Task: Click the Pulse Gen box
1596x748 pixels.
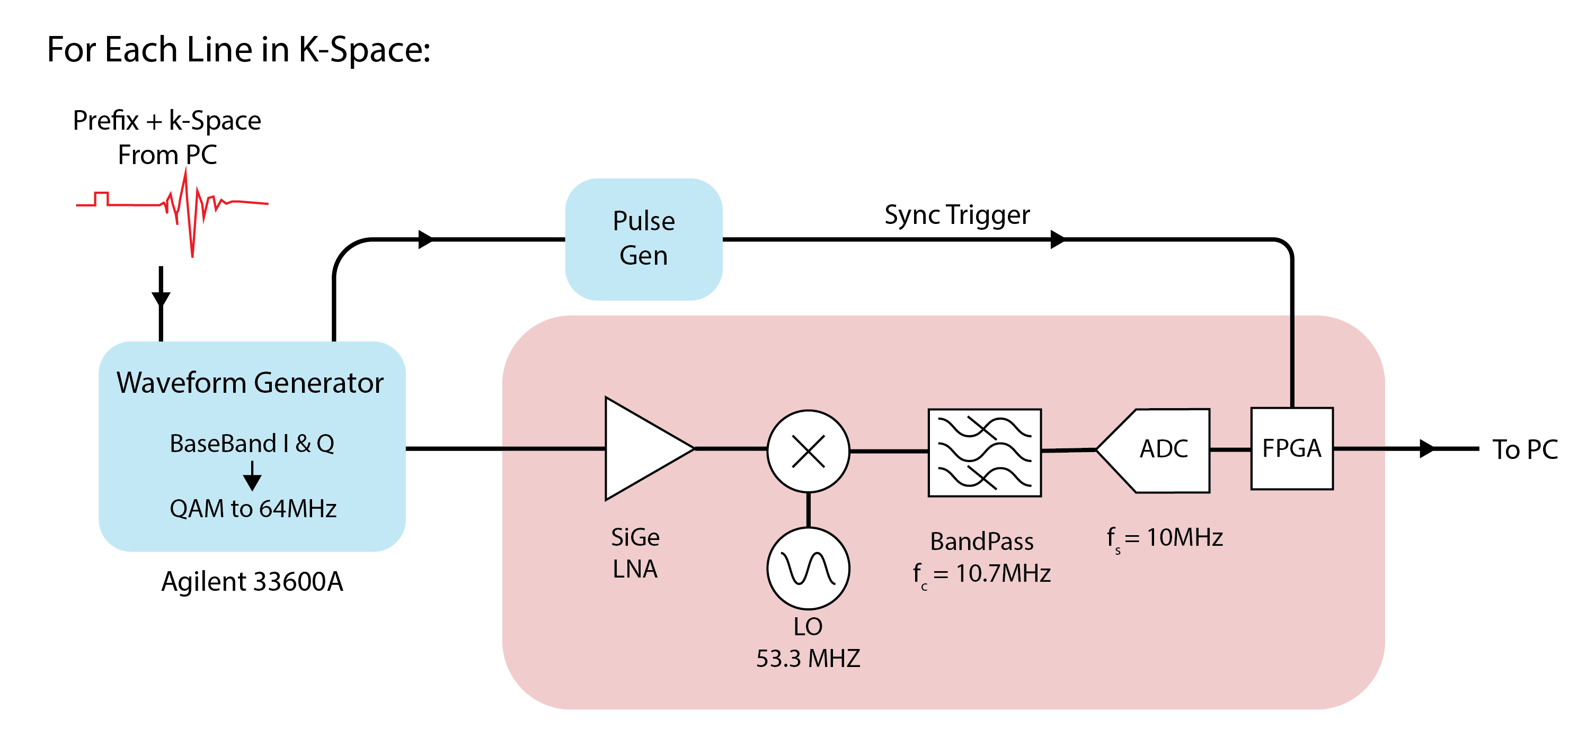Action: click(x=643, y=239)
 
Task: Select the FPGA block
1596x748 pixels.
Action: click(x=1292, y=448)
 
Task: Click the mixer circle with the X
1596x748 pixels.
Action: click(x=808, y=451)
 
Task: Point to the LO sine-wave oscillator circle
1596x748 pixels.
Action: click(x=808, y=568)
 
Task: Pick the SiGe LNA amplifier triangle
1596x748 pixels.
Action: click(x=641, y=448)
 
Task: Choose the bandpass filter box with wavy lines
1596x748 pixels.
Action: click(x=984, y=453)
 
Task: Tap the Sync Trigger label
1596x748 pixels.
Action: click(x=956, y=215)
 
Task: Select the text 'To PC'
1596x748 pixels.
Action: click(x=1525, y=449)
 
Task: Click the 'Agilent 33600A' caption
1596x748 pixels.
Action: click(x=252, y=581)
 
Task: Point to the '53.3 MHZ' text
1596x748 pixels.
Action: click(x=808, y=658)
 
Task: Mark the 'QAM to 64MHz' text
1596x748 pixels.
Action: click(x=253, y=508)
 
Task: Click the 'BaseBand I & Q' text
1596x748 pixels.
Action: click(x=252, y=444)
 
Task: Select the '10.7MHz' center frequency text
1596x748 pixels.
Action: click(x=1003, y=573)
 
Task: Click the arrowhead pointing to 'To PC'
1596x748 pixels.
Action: click(x=1426, y=448)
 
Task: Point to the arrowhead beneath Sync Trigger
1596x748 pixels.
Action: click(x=1057, y=239)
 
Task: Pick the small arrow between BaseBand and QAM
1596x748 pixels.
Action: click(x=252, y=478)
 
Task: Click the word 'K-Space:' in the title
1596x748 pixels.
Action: click(x=365, y=50)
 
